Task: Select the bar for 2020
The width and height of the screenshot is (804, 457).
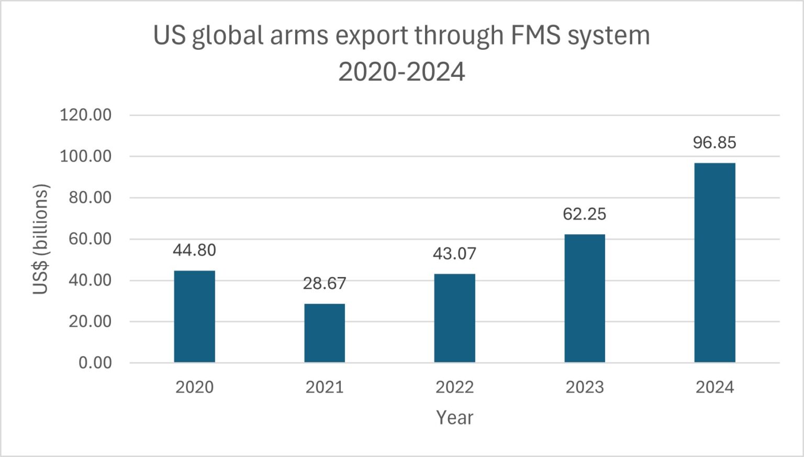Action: click(194, 316)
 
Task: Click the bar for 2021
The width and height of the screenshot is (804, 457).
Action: click(325, 333)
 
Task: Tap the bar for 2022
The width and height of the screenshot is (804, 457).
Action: click(454, 318)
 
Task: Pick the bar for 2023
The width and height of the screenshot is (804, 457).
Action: click(585, 298)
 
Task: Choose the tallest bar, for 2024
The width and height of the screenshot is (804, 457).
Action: click(714, 262)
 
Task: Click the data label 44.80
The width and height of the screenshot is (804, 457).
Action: click(194, 250)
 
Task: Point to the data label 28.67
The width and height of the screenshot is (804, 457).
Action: click(325, 283)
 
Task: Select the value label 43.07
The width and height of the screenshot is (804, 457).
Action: click(454, 254)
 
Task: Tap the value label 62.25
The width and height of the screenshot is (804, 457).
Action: click(585, 214)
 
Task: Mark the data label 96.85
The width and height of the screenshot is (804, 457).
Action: click(714, 143)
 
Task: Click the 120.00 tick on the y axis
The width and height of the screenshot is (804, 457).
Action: click(86, 115)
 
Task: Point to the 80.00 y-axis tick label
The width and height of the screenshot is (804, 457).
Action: click(90, 198)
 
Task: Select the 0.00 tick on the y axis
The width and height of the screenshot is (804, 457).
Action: click(95, 363)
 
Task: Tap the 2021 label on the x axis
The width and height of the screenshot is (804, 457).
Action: click(325, 387)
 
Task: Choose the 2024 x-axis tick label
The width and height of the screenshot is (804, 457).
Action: click(714, 387)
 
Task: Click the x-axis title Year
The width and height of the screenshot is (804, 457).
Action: click(454, 418)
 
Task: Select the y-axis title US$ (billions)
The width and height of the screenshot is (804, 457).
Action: click(41, 239)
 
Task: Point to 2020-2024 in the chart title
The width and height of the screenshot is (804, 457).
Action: click(401, 72)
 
